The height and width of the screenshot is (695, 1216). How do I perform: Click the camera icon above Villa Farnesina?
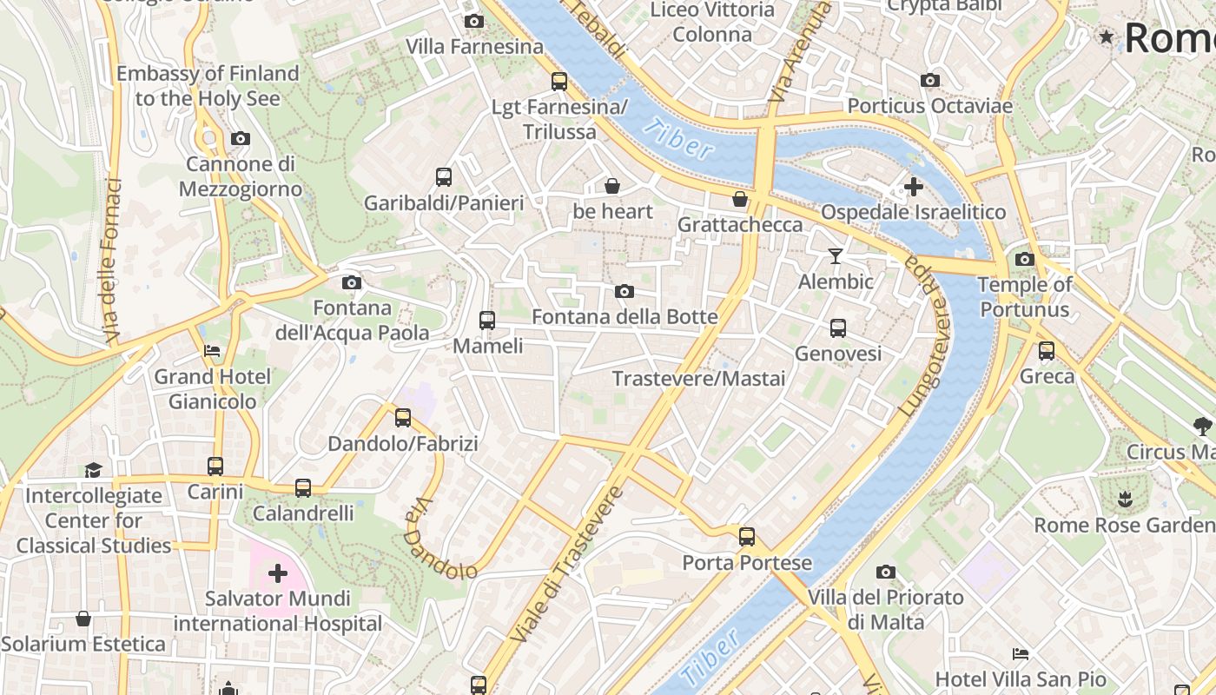tap(473, 21)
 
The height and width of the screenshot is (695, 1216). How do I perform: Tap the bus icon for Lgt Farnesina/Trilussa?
tap(559, 82)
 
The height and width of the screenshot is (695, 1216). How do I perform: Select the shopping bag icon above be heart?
tap(612, 186)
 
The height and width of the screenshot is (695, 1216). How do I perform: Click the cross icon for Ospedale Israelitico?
tap(913, 187)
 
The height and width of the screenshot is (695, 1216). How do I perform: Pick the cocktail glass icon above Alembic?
tap(836, 256)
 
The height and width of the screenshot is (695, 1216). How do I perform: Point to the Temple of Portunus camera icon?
tap(1025, 259)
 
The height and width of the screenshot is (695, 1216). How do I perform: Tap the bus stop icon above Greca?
tap(1047, 351)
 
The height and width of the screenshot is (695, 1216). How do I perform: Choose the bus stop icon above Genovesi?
tap(838, 328)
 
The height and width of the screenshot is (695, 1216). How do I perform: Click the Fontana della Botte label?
tap(625, 317)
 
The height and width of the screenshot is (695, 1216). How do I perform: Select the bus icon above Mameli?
tap(487, 321)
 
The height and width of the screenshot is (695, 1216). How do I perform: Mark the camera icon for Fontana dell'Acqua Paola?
tap(352, 282)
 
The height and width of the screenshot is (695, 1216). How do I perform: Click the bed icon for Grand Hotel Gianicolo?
tap(211, 351)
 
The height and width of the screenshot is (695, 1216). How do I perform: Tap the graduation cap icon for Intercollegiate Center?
tap(93, 470)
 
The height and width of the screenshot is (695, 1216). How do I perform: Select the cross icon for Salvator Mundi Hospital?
tap(278, 573)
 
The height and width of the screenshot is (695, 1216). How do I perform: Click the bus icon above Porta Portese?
tap(747, 537)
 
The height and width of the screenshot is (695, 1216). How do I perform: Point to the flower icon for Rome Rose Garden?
tap(1126, 499)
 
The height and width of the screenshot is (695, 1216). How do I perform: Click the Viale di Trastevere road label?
tap(569, 565)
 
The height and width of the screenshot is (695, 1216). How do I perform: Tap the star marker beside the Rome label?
tap(1107, 36)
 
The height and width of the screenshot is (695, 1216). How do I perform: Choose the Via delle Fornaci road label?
tap(111, 261)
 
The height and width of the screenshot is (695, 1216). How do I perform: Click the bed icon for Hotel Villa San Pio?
tap(1021, 653)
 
